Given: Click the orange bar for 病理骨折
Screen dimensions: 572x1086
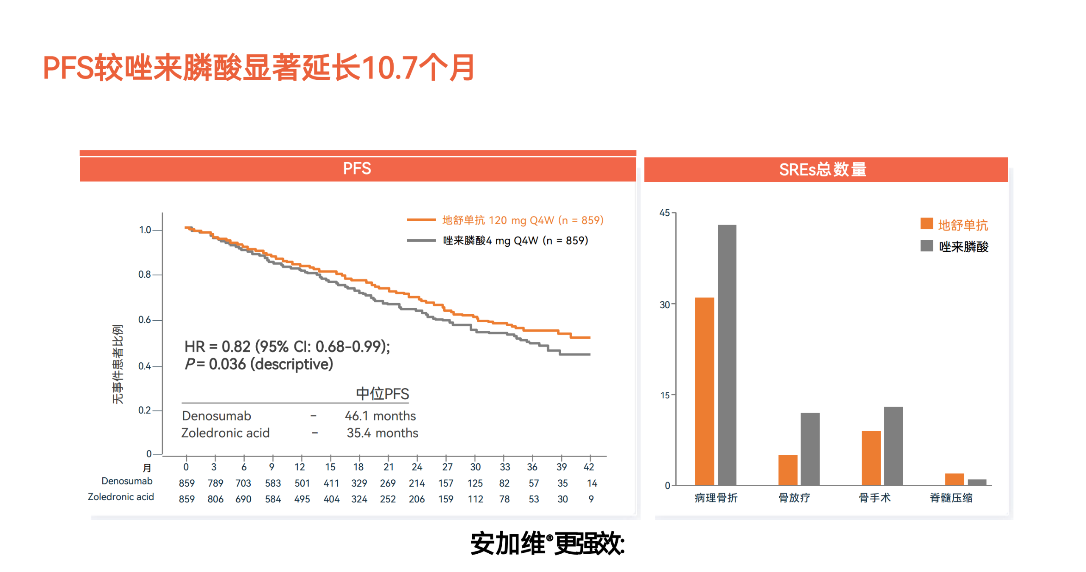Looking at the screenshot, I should coord(704,391).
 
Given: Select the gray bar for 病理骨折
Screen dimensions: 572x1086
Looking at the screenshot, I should coord(727,355).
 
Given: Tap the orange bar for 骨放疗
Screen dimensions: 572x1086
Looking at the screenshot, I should coord(787,470).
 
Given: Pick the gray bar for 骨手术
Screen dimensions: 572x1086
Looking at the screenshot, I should coord(893,445).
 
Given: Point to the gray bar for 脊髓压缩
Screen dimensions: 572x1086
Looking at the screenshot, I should coord(977,482).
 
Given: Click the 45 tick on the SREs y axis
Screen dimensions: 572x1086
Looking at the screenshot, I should coord(664,213).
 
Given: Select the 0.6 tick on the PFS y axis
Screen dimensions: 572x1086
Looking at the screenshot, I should coord(145,319).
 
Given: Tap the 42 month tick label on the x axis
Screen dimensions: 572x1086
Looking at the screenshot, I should coord(589,467).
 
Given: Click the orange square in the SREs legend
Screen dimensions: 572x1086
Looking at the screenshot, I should coord(926,223).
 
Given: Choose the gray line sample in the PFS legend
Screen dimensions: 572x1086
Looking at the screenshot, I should coord(421,240).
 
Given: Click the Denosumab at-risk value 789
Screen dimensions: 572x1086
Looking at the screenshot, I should coord(215,483).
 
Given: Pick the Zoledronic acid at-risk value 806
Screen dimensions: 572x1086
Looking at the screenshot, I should coord(215,499).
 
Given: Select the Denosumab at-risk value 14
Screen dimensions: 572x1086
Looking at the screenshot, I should coord(592,483).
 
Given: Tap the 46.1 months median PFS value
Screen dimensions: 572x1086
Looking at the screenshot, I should coord(380,416).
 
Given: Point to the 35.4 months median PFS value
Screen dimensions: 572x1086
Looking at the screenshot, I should coord(382,433).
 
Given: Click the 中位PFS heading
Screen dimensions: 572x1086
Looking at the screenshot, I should coord(382,394).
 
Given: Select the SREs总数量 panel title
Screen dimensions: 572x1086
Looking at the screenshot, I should coord(823,169).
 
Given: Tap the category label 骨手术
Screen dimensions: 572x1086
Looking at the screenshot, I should coord(874,498).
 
